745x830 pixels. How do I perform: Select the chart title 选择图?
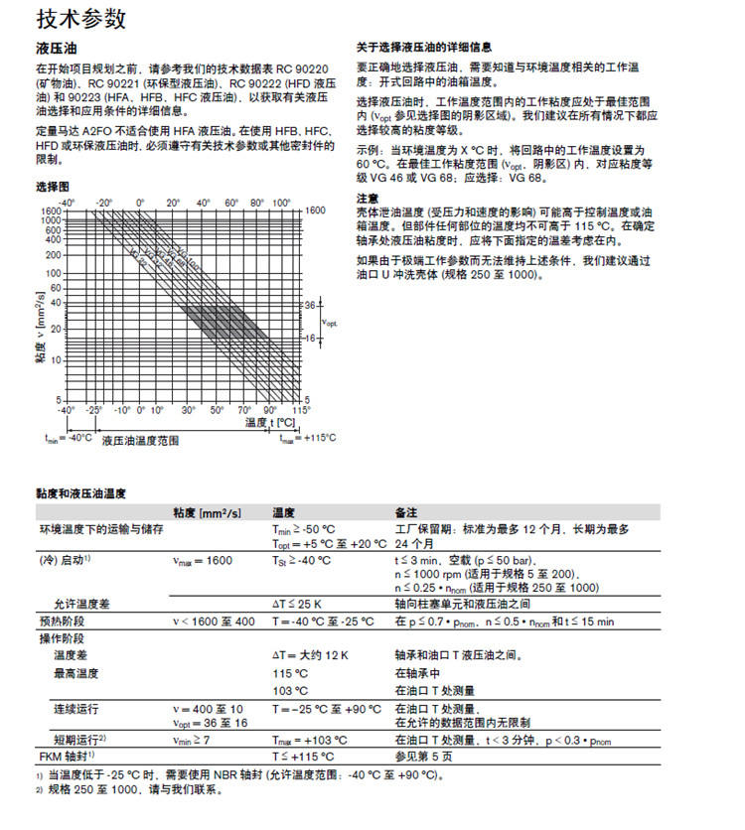pyautogui.click(x=53, y=187)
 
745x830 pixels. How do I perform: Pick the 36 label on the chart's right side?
pyautogui.click(x=309, y=304)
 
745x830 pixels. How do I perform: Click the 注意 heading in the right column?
pyautogui.click(x=367, y=198)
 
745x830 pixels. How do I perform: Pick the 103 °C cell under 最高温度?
pyautogui.click(x=290, y=690)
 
